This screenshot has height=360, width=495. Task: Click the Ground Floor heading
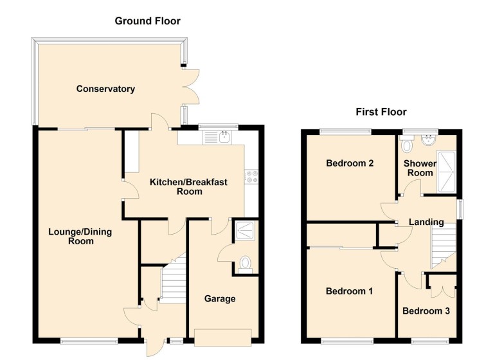pos(147,21)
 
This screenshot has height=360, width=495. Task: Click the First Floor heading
pos(381,112)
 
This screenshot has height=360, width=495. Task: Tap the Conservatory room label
pos(105,89)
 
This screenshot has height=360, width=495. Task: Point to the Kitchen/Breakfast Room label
pos(188,186)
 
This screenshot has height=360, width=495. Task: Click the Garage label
pos(220,298)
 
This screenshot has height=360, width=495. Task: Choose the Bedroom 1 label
pos(349,291)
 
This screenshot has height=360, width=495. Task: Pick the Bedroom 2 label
pos(350,163)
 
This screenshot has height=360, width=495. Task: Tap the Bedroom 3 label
pos(426,311)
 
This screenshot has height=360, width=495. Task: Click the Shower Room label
pos(420,168)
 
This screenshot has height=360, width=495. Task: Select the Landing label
pos(426,222)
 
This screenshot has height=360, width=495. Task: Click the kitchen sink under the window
pos(223,136)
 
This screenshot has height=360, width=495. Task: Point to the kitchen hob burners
pos(249,177)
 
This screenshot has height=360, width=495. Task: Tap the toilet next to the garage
pos(244,264)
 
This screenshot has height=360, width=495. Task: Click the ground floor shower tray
pos(246,230)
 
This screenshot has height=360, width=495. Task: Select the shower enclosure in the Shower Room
pos(447,172)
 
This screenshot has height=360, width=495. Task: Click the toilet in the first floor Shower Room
pos(405,145)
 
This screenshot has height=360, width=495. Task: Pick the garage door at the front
pos(222,336)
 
